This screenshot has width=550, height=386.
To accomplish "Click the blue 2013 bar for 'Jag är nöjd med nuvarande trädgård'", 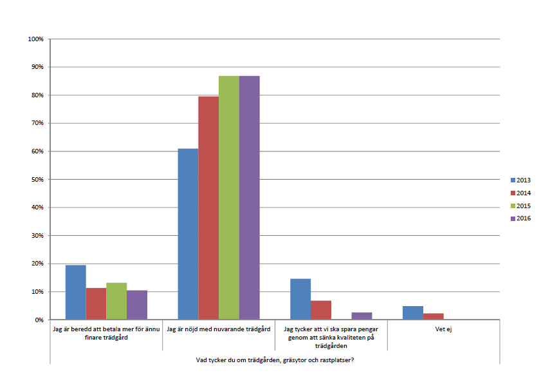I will tap(188, 234).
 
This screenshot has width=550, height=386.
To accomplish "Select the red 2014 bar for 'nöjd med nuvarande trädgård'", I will tap(208, 207).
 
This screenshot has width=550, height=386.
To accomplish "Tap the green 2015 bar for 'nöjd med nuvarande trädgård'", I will tap(229, 198).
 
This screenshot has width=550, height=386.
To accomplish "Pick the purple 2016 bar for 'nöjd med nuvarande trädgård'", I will tap(250, 198).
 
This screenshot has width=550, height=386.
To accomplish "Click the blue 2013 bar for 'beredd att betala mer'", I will tap(76, 292).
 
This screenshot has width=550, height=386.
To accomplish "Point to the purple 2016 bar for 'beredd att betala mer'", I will tap(137, 305).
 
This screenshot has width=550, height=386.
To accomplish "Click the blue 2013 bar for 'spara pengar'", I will tap(300, 299).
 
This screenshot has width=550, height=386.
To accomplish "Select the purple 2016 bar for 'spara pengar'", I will tap(362, 316).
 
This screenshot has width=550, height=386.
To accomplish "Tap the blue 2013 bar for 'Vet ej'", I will tap(413, 313).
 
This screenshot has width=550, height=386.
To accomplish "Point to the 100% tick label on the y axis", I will tap(35, 39).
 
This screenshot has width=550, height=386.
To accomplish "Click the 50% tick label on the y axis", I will tap(37, 179).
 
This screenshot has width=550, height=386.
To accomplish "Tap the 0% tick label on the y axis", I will tap(39, 320).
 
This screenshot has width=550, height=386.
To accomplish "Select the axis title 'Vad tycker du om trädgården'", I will tap(275, 359).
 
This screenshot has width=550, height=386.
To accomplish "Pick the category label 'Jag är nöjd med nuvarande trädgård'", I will tap(218, 329).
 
